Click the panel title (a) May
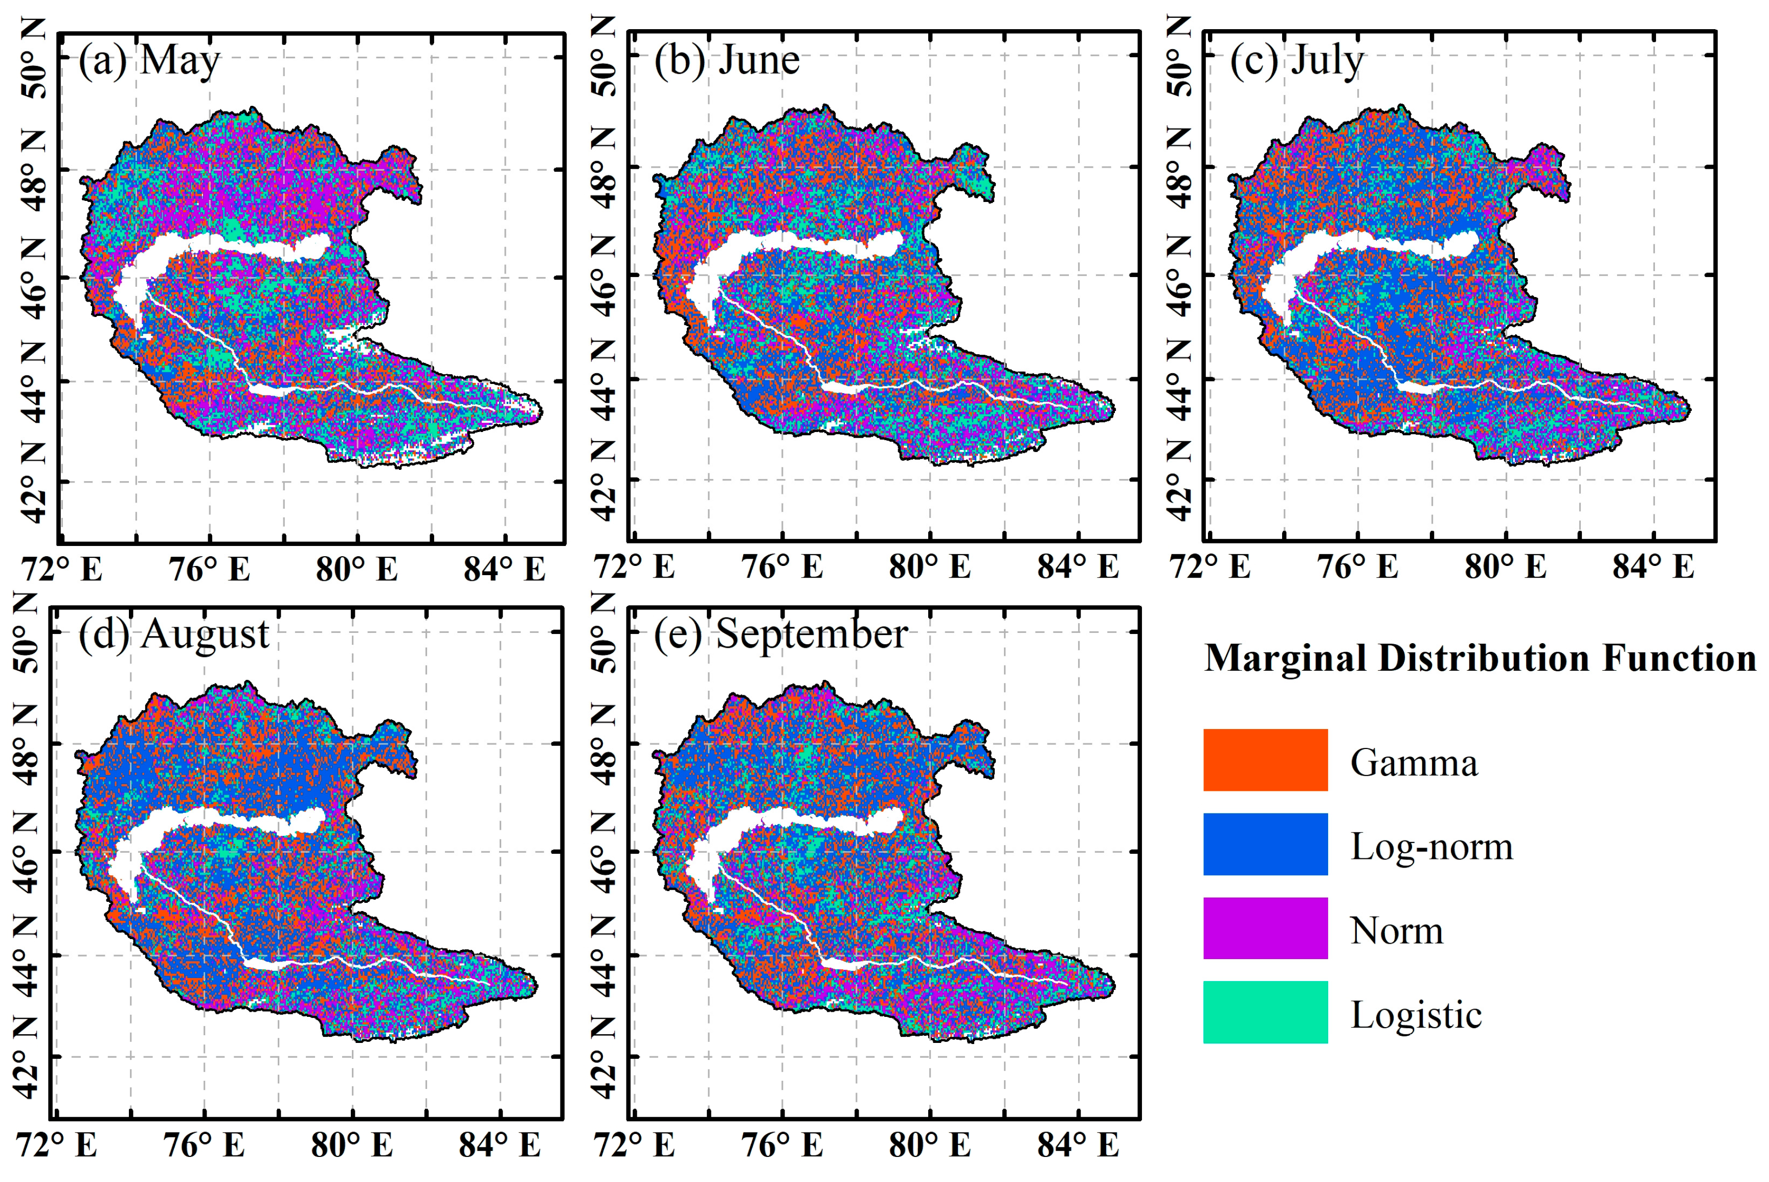point(148,60)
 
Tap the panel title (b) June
point(726,60)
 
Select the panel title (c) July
point(1296,60)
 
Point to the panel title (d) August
point(173,634)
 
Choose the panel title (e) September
point(780,634)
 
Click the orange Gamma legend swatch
point(1265,760)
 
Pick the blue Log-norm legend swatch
point(1265,844)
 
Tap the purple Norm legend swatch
point(1265,928)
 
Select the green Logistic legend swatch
point(1265,1012)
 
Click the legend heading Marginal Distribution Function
point(1480,658)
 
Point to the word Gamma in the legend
point(1413,763)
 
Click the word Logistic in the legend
point(1415,1015)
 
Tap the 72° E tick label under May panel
point(62,569)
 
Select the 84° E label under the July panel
point(1653,567)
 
